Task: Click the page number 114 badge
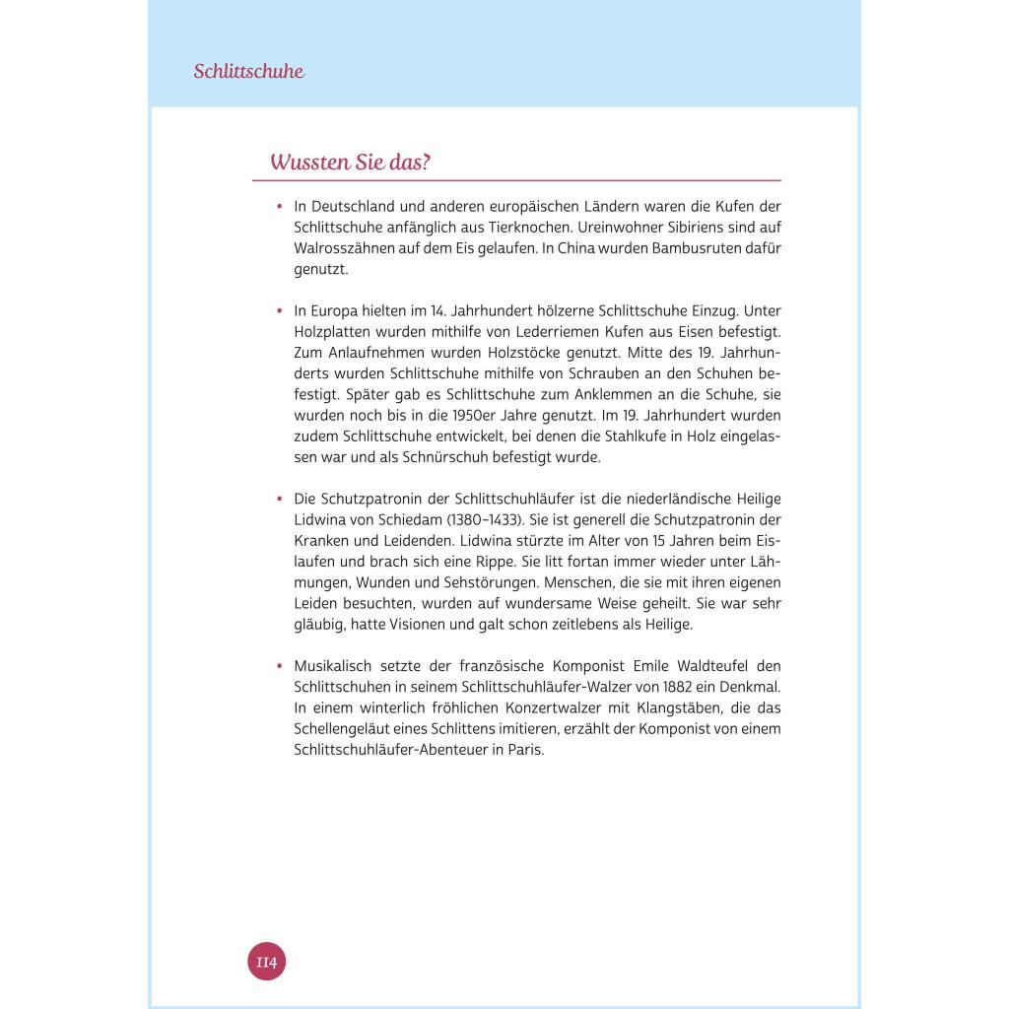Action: pyautogui.click(x=266, y=961)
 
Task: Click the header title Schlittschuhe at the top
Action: pyautogui.click(x=248, y=71)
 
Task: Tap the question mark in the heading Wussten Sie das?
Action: pyautogui.click(x=426, y=163)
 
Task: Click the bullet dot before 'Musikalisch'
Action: pyautogui.click(x=280, y=666)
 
